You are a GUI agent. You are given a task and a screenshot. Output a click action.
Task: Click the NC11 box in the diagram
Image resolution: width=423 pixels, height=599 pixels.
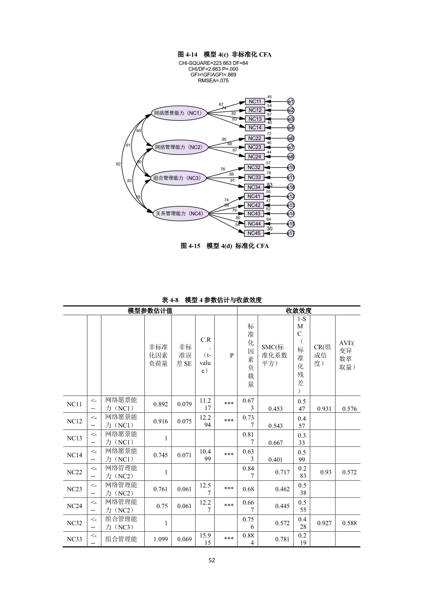point(254,101)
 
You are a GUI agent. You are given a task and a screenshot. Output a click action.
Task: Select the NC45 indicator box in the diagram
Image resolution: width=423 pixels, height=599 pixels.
point(254,233)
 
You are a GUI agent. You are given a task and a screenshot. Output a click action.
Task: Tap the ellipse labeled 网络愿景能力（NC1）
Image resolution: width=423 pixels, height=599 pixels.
point(179,113)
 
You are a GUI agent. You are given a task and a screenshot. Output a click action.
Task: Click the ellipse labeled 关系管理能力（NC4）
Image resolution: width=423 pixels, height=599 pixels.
point(180,214)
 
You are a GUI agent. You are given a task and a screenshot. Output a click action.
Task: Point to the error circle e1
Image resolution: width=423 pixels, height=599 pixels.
point(291,101)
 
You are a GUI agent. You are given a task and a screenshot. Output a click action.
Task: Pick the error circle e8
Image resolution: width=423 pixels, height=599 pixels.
point(291,156)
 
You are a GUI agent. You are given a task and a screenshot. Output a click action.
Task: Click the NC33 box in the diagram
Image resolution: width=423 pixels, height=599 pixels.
point(254,177)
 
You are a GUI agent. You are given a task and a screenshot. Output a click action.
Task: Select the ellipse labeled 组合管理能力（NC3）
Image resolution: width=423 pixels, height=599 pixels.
point(178,178)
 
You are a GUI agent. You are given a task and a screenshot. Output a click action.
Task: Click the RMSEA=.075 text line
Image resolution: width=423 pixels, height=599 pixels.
point(213,81)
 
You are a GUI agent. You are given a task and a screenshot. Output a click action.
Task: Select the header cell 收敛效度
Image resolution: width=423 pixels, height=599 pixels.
point(298,311)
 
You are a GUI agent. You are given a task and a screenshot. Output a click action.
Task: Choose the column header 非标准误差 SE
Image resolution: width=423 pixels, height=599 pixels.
point(184,355)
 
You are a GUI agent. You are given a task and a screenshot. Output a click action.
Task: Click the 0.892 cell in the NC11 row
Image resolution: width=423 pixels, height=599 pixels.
point(160,404)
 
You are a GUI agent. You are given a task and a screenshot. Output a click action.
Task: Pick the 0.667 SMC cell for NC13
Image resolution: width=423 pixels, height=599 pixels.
point(275,443)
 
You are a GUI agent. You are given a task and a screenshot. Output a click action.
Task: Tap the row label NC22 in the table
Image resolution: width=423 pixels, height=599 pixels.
point(74,472)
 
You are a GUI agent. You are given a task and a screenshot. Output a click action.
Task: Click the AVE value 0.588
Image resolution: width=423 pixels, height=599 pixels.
point(349,523)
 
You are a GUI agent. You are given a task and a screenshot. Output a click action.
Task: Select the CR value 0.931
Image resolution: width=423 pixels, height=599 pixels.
point(324,409)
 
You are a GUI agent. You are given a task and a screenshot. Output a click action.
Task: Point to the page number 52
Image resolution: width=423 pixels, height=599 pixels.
point(211,560)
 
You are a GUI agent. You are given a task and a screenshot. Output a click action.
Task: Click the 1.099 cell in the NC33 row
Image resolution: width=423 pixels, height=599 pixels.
point(160,539)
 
